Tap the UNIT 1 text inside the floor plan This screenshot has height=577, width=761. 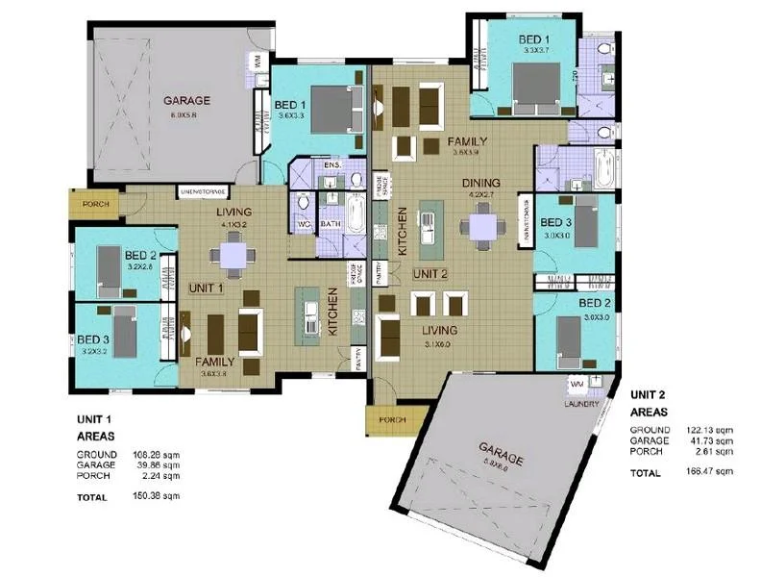pos(207,287)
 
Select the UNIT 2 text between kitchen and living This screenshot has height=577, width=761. pos(430,273)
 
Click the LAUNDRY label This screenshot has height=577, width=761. pos(581,404)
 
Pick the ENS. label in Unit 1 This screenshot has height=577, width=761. pos(332,166)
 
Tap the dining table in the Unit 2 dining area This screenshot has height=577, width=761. pos(478,226)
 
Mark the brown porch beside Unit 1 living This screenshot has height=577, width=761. pos(95,203)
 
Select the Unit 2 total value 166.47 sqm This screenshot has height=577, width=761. pos(710,472)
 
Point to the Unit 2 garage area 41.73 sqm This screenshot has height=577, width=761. pos(712,439)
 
